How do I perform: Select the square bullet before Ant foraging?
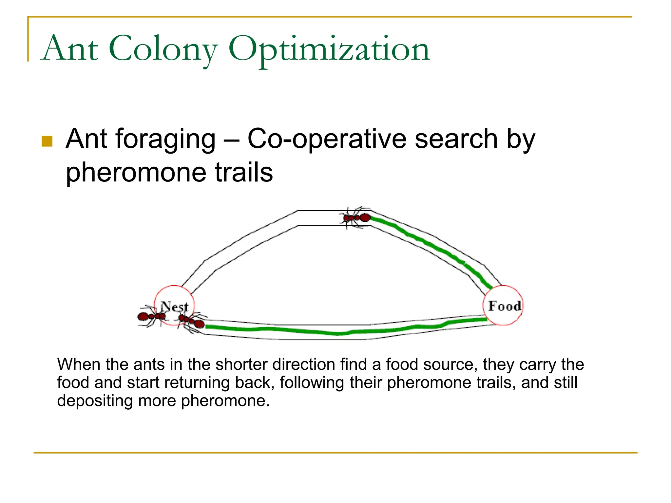click(47, 141)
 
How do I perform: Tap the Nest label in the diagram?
click(175, 307)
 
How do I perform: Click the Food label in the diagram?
click(504, 306)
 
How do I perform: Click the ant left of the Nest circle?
click(151, 316)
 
